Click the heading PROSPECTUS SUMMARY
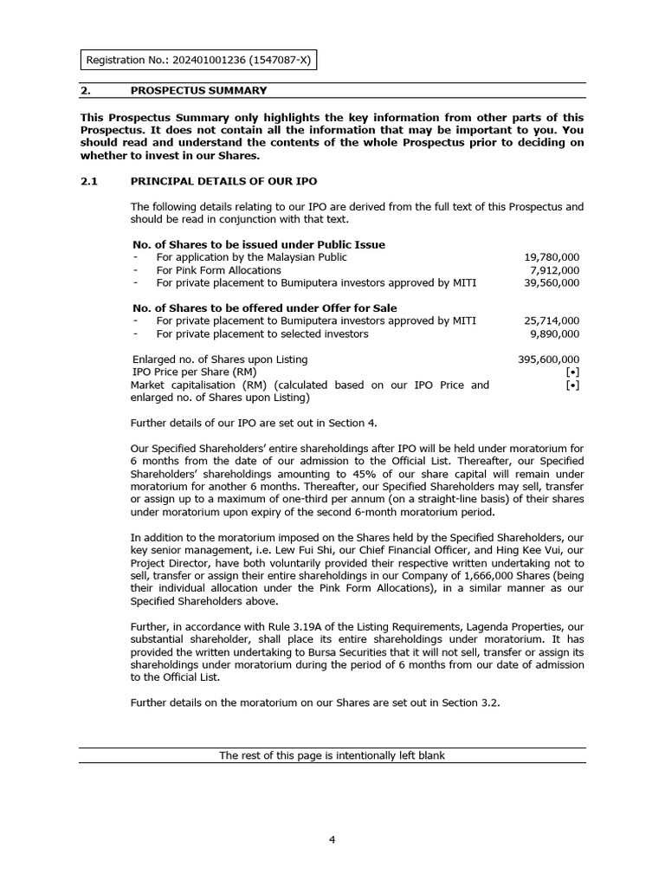198,90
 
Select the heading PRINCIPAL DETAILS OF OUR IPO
223,181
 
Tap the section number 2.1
91,181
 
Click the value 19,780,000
552,257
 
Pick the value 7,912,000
555,269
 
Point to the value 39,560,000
552,282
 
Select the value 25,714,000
552,320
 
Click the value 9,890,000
555,333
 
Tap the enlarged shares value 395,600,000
548,359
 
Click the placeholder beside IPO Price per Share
572,372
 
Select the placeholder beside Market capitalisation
572,385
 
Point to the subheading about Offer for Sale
264,308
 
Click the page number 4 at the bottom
332,839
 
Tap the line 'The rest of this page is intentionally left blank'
332,755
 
